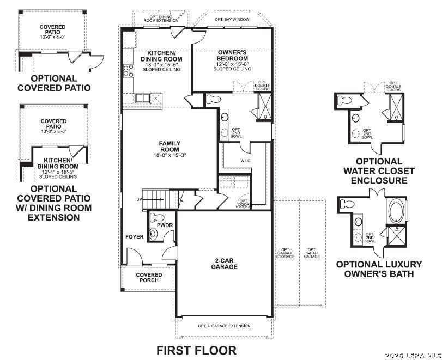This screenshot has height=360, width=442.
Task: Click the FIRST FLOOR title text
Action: pyautogui.click(x=197, y=350)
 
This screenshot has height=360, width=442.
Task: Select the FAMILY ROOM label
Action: pyautogui.click(x=169, y=147)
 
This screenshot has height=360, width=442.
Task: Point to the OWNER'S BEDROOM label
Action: pyautogui.click(x=232, y=56)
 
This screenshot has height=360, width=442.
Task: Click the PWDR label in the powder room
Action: pyautogui.click(x=165, y=224)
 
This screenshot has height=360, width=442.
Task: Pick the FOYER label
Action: pyautogui.click(x=134, y=237)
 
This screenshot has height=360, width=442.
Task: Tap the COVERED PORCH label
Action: pyautogui.click(x=149, y=277)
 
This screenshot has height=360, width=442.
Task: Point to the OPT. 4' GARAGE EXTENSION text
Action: pyautogui.click(x=225, y=326)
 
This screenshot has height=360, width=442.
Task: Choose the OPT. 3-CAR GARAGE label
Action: pyautogui.click(x=312, y=253)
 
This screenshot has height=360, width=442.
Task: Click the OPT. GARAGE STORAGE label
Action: pyautogui.click(x=286, y=253)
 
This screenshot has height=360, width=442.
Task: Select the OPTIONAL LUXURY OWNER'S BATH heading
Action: pyautogui.click(x=379, y=269)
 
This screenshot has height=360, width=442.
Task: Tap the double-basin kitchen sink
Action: pyautogui.click(x=143, y=98)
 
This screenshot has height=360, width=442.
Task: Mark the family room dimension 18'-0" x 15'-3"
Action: pyautogui.click(x=169, y=155)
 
